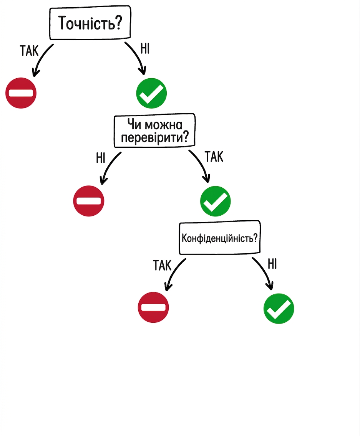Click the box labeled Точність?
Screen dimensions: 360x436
(90, 23)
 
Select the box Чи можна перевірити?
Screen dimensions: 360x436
(154, 130)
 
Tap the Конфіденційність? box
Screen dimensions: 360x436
(220, 238)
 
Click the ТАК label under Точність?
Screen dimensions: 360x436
(29, 51)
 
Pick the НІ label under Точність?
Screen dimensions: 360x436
(145, 49)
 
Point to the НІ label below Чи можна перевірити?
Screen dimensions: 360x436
(101, 158)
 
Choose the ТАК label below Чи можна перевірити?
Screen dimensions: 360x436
(214, 157)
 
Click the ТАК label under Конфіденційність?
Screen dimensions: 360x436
(162, 265)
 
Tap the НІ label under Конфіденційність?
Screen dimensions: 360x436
(272, 264)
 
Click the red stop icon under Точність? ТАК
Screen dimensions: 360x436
(21, 93)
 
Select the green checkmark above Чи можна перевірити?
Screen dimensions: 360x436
(151, 93)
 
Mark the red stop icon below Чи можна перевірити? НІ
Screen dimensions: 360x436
(88, 201)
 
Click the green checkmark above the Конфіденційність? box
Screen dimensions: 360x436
(216, 201)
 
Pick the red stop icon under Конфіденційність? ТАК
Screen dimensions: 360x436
(153, 307)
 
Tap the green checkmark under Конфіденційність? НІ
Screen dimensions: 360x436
(279, 308)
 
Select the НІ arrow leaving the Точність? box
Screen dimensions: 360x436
(138, 56)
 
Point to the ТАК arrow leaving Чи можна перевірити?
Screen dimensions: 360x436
(202, 163)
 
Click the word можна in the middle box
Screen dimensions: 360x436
(164, 125)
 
